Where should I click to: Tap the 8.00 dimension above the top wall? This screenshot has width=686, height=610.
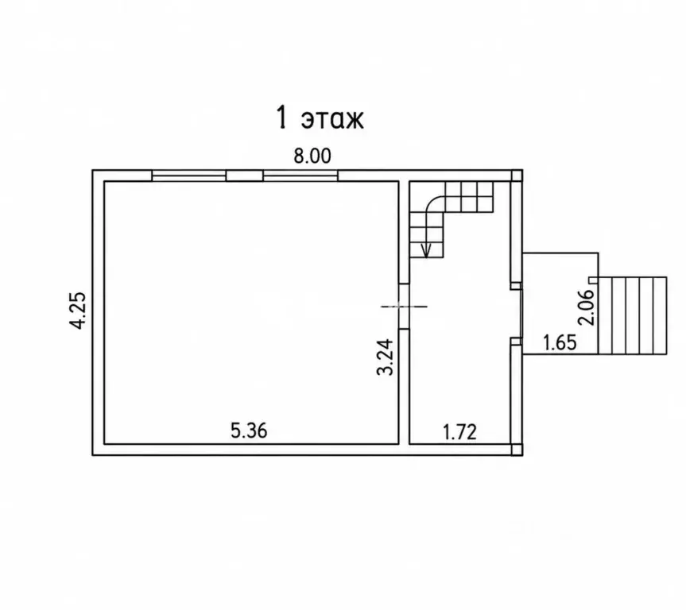pos(312,156)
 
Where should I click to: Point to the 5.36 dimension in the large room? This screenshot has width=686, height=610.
pos(249,431)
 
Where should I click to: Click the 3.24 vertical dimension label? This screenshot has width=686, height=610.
pos(386,357)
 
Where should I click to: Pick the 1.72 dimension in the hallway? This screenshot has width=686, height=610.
pos(459,432)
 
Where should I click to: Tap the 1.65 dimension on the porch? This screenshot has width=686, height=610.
pos(560,342)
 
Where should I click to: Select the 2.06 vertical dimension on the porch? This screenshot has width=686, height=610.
pos(587,307)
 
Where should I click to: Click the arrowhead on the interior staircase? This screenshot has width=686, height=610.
pos(426,250)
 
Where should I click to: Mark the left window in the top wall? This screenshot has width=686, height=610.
pos(188,176)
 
